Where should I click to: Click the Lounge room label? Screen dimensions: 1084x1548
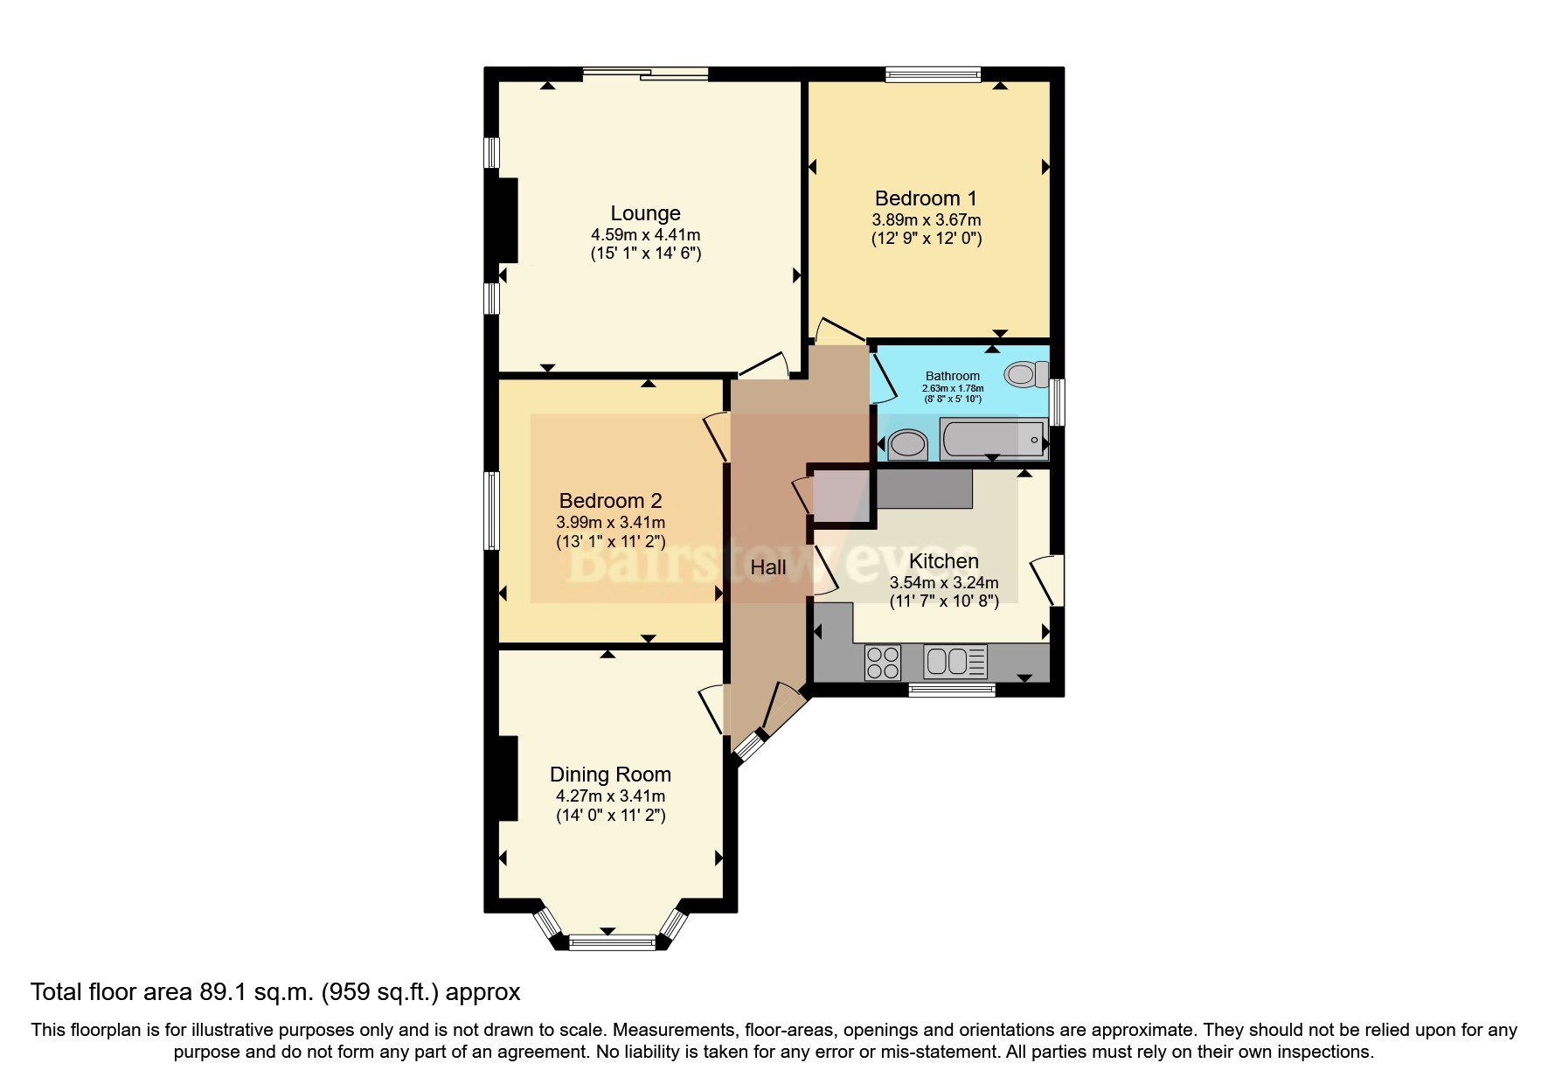(645, 213)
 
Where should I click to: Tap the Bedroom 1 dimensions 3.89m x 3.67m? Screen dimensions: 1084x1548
(926, 220)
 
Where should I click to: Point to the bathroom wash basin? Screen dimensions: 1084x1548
(907, 445)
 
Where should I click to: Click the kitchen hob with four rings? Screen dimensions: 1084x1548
(882, 662)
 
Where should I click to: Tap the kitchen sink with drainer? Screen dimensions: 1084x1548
(955, 661)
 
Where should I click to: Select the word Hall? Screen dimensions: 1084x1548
(768, 567)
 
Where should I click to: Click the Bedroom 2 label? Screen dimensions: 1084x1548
(610, 501)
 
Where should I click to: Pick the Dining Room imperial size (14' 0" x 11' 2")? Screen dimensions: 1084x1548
(610, 816)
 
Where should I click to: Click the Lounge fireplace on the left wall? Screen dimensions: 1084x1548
(507, 220)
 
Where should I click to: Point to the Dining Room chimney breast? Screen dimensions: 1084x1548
(507, 778)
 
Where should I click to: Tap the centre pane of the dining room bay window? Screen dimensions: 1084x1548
(612, 942)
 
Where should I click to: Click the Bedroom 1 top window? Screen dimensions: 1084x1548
(933, 75)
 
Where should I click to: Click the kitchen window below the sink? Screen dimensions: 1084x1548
(952, 690)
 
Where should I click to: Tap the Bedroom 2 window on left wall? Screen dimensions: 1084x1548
(492, 511)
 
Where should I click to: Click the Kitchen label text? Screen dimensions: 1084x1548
(943, 561)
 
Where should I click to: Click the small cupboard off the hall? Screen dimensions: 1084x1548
(843, 497)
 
